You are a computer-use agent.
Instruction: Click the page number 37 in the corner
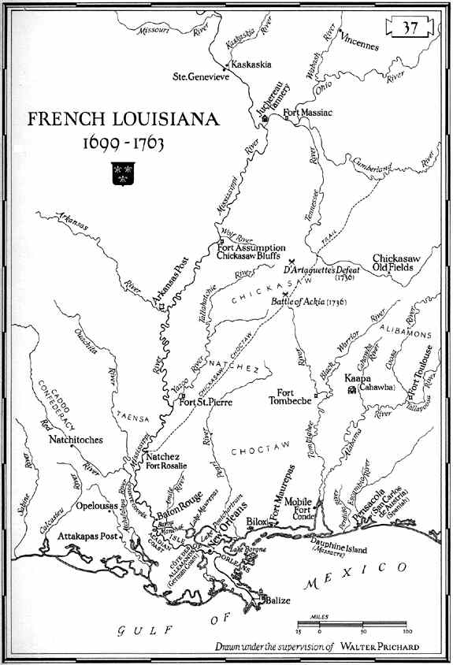pyautogui.click(x=410, y=28)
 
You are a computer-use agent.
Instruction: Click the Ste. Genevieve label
pyautogui.click(x=200, y=77)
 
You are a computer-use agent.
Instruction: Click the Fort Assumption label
pyautogui.click(x=251, y=247)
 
